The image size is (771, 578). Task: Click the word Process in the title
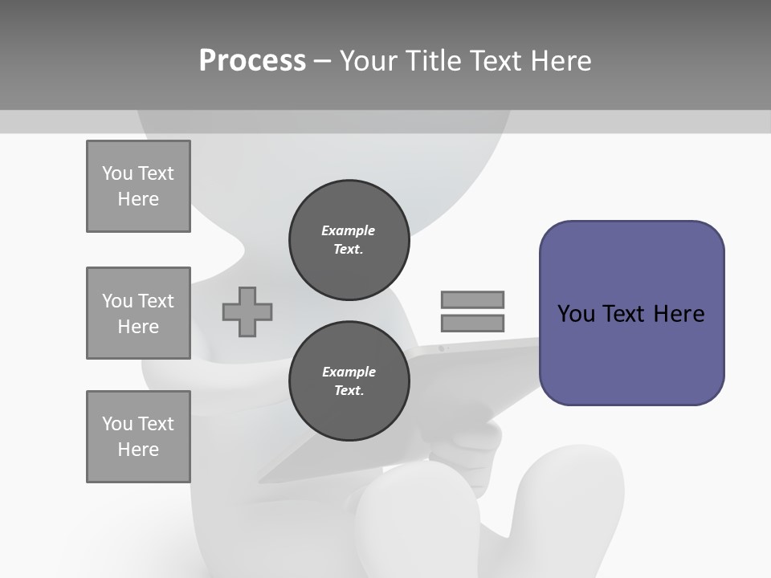(x=252, y=61)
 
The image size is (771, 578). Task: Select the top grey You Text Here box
(x=138, y=186)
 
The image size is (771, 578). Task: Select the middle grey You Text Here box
(x=138, y=313)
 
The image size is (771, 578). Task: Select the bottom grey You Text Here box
(x=138, y=437)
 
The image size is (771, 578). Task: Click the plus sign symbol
(x=247, y=311)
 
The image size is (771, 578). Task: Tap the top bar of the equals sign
(x=472, y=299)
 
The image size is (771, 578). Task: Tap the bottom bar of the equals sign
(x=472, y=324)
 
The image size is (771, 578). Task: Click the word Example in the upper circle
(x=349, y=230)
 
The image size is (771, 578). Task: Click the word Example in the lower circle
(x=349, y=372)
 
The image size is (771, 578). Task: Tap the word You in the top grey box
(x=117, y=173)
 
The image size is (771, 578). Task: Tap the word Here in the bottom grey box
(x=138, y=450)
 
